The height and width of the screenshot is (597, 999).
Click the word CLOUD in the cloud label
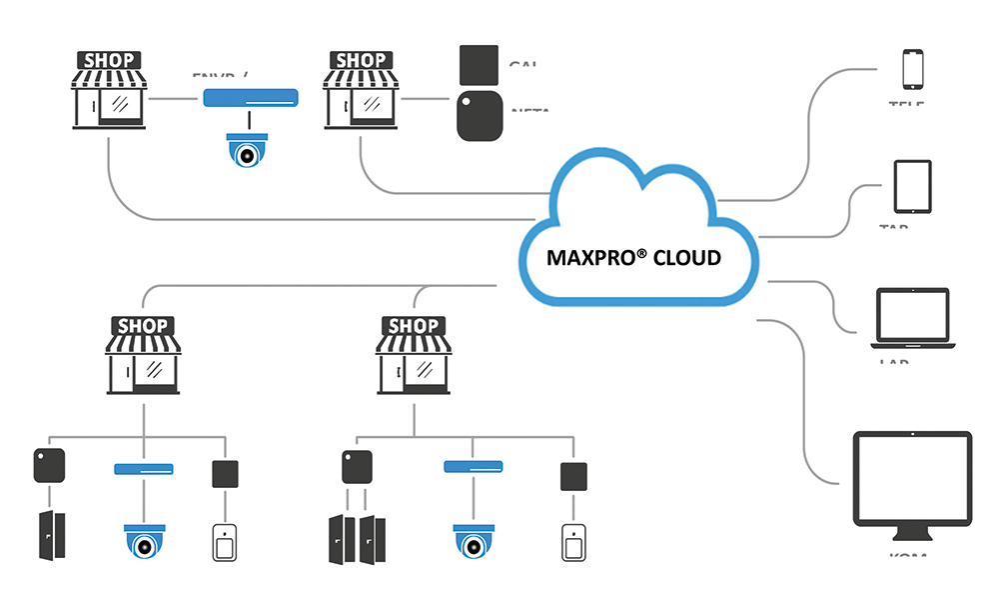[686, 258]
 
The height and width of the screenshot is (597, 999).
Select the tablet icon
[912, 186]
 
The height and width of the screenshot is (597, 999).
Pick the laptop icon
[911, 319]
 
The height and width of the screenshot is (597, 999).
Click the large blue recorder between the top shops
[251, 98]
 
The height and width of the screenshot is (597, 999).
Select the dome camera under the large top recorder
[247, 150]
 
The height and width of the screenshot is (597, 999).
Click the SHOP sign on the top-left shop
[110, 61]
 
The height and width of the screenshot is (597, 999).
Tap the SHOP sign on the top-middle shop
[361, 61]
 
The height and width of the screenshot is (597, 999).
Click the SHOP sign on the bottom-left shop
[144, 326]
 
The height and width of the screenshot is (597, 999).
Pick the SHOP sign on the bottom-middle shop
[413, 326]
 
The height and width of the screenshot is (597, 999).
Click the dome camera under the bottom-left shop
[144, 541]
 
